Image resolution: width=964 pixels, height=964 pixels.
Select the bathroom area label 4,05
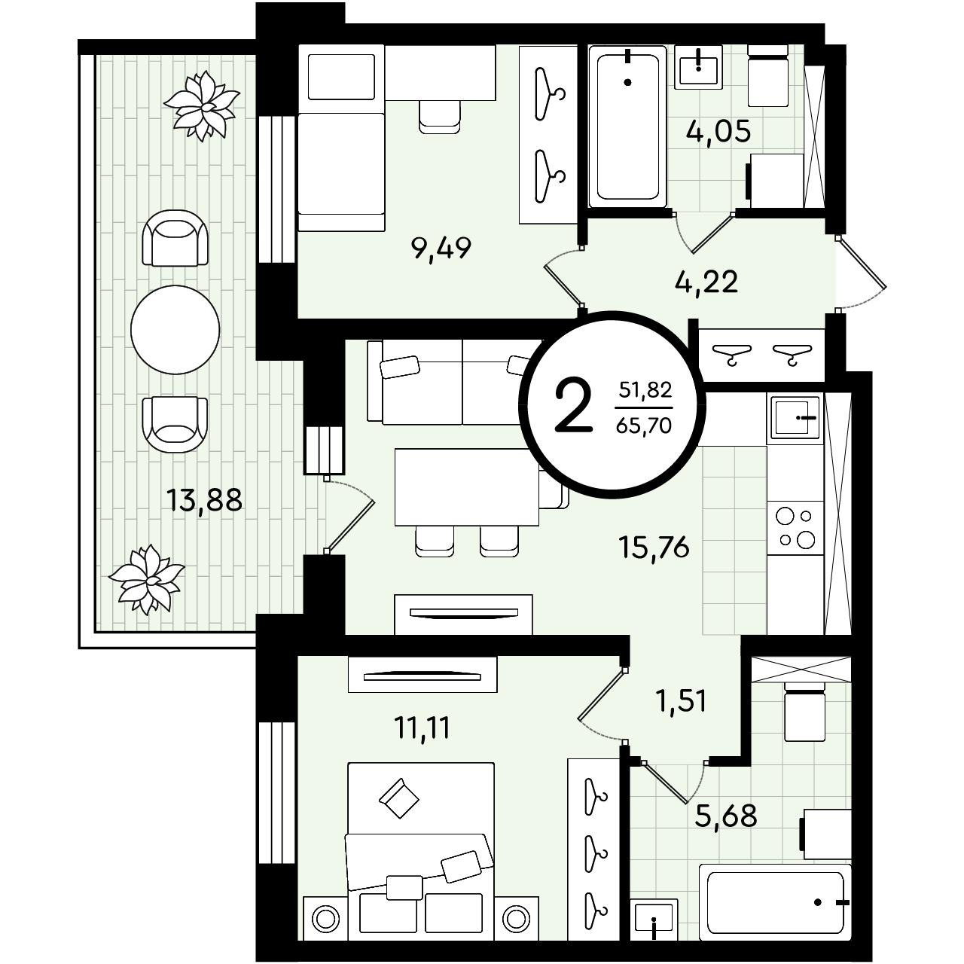pos(718,132)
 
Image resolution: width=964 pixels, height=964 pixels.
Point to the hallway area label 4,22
pos(706,282)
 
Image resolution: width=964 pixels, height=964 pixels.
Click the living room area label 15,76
pos(654,547)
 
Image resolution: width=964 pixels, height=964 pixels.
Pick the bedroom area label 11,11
pos(423,728)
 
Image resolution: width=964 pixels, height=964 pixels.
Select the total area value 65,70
pos(644,426)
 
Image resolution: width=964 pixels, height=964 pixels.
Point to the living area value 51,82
pos(645,389)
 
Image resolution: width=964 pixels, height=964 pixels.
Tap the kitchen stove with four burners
pos(795,528)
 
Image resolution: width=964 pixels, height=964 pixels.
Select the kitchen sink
pos(795,418)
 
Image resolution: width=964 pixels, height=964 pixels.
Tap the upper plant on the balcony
pos(202,105)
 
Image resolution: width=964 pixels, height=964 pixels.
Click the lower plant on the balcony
pos(147,579)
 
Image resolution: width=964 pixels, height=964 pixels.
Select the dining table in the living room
pos(467,487)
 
